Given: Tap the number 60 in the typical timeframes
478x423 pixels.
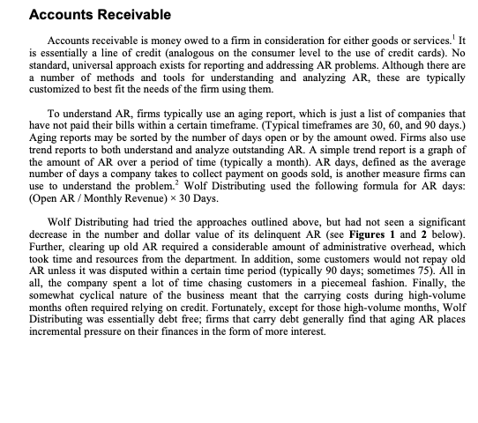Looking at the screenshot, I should tap(376, 129).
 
